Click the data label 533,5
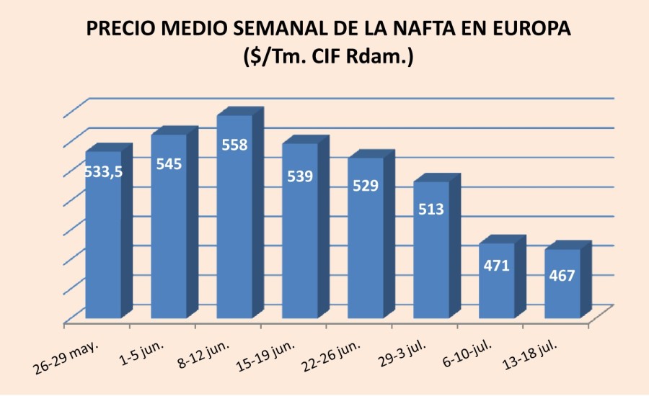tap(103, 172)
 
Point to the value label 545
tap(169, 163)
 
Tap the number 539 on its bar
tap(300, 175)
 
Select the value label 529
tap(366, 185)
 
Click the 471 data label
tap(497, 265)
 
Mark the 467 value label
tap(562, 275)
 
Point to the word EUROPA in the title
tap(529, 30)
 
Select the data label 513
tap(431, 209)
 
